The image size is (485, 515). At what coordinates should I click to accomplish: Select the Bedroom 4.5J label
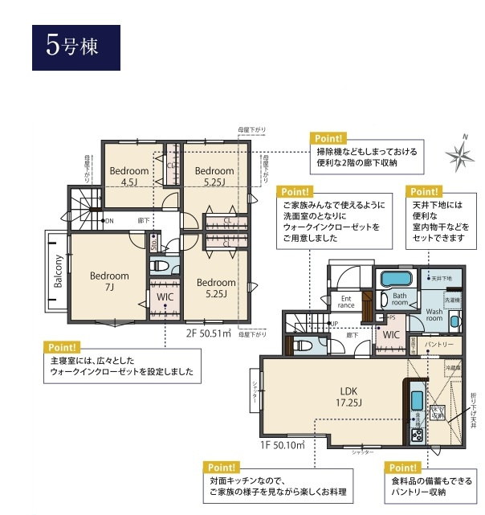(129, 176)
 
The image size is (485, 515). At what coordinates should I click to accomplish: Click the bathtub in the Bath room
(393, 281)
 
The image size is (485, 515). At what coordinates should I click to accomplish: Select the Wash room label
(434, 315)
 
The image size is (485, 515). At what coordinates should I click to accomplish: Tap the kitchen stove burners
(418, 435)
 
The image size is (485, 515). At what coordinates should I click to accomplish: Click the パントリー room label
(440, 344)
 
